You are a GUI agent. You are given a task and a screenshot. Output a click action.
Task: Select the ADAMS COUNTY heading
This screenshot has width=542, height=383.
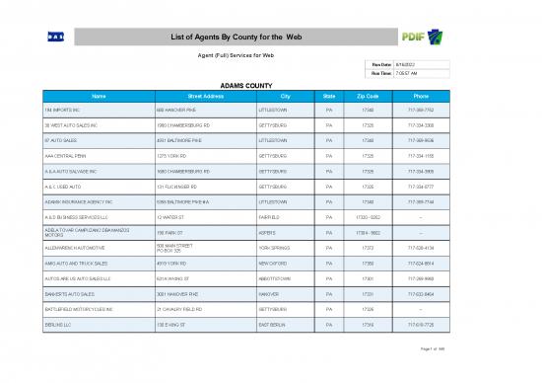(270, 86)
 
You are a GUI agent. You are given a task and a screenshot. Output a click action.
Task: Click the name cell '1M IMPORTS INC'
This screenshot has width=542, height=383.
(61, 110)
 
